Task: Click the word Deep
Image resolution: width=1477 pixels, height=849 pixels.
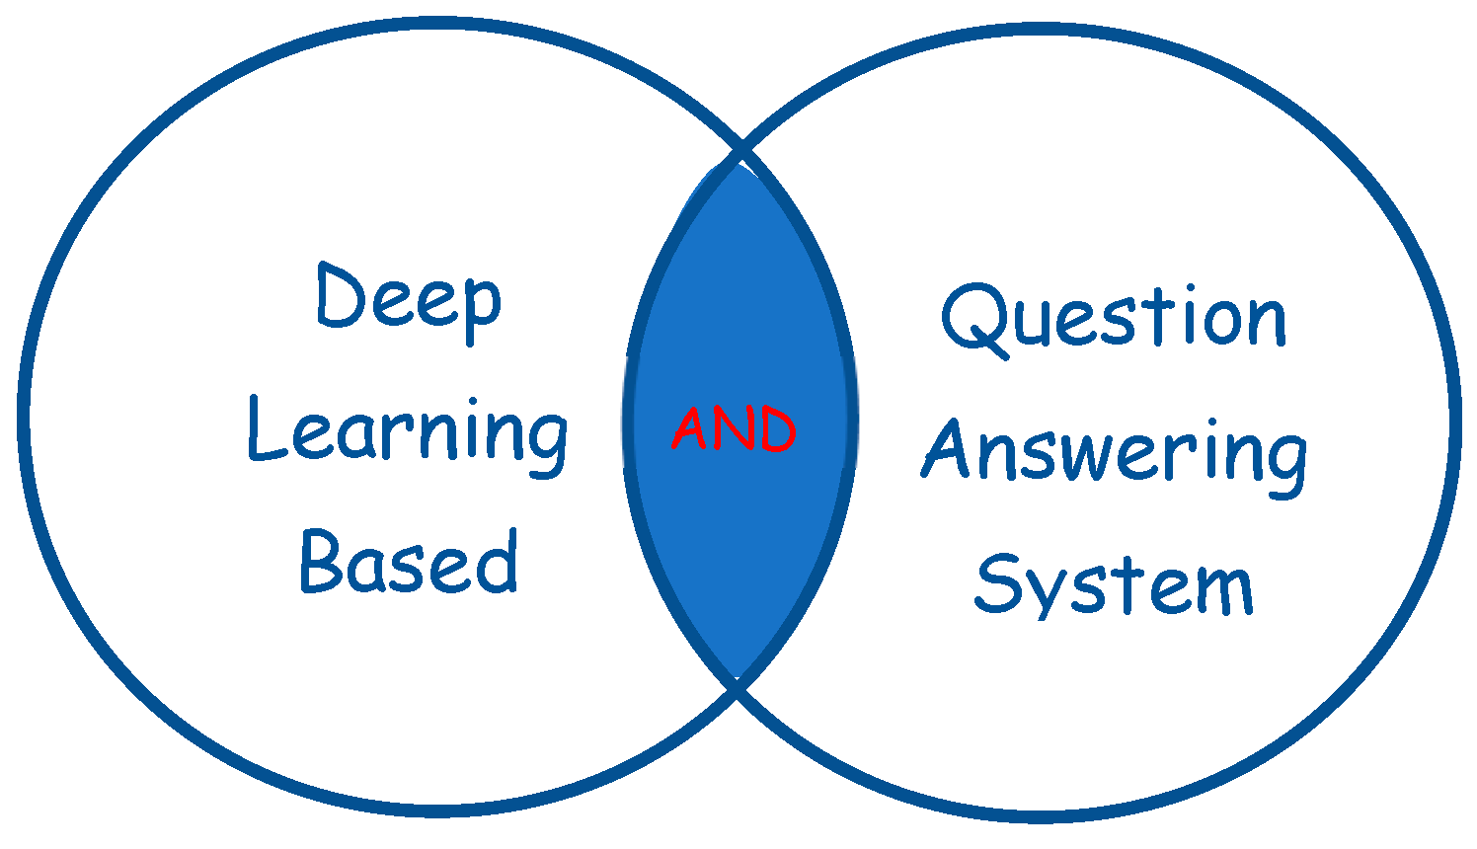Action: coord(409,299)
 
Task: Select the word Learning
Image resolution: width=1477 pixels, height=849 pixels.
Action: coord(408,434)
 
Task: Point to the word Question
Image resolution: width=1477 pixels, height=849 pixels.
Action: coord(1114,318)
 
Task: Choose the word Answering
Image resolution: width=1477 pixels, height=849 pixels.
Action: coord(1115,452)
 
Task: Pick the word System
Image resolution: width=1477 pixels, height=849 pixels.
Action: coord(1114,584)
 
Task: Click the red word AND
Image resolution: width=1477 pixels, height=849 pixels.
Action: coord(734,429)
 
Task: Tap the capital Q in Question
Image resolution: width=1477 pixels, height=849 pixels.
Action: coord(973,318)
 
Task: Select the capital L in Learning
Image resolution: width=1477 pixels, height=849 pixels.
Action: coord(264,430)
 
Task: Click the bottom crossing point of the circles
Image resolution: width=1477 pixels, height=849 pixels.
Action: coord(738,684)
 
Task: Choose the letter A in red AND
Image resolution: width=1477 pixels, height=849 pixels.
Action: coord(690,429)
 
